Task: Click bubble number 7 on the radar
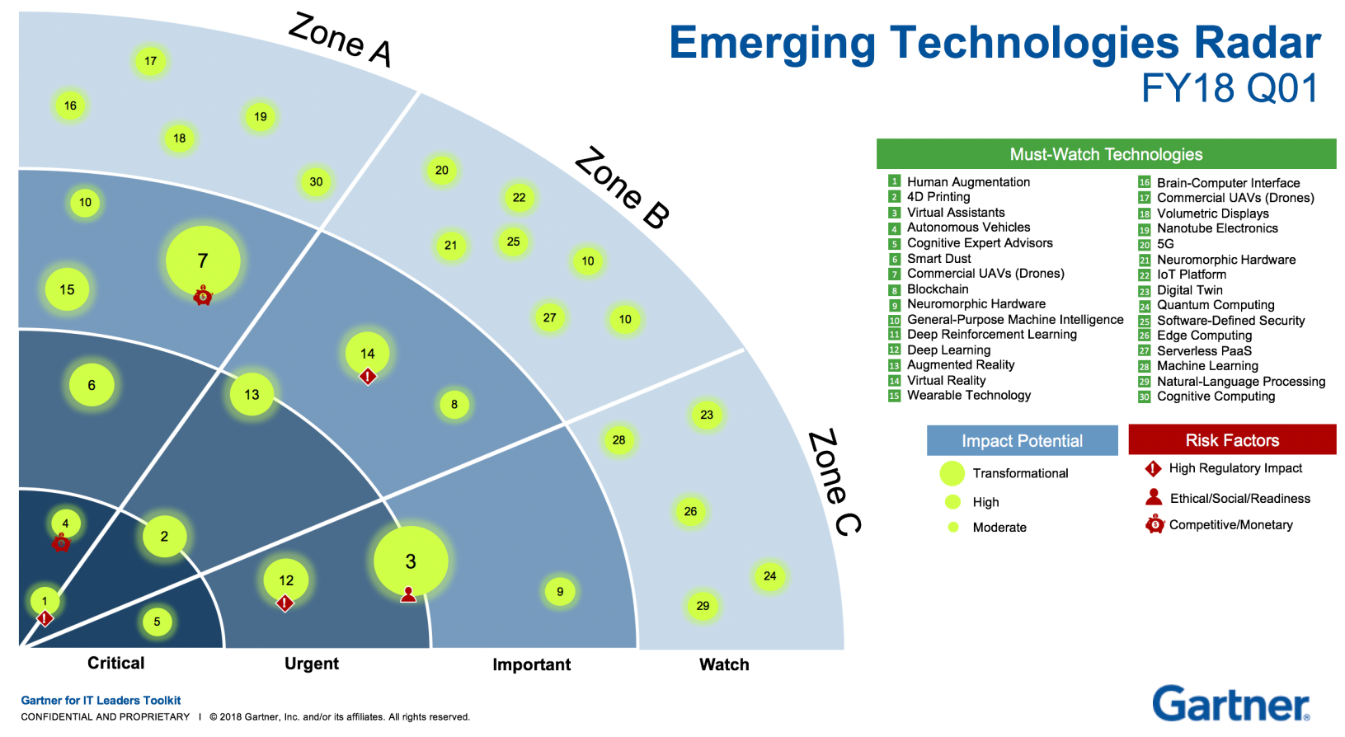(203, 261)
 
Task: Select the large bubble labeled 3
(411, 561)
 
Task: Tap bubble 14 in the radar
(368, 353)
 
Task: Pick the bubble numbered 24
(769, 576)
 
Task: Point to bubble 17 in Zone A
(150, 61)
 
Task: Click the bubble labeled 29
(703, 606)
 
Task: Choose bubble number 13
(252, 395)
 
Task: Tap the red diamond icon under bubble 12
(285, 603)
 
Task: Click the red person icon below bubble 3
(408, 594)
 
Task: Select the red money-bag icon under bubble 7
(203, 295)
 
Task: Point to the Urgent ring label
(312, 664)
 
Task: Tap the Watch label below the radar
(724, 664)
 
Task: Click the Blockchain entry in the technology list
(938, 289)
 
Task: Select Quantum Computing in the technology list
(1216, 305)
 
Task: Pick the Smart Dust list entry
(938, 259)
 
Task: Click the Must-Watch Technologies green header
(1106, 154)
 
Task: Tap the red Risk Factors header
(1232, 440)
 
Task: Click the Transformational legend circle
(952, 473)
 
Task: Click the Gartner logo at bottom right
(1230, 705)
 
